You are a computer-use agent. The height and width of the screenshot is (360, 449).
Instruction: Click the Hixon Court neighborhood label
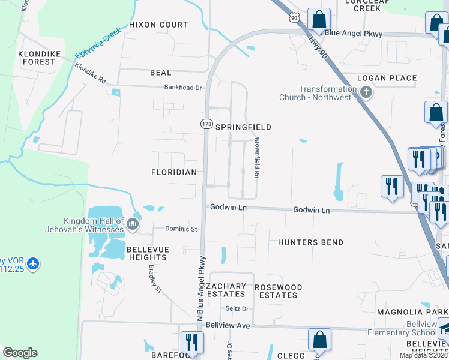point(158,25)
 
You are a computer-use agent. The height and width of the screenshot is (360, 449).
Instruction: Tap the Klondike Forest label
point(40,58)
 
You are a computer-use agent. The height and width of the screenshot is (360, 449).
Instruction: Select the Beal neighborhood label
point(160,73)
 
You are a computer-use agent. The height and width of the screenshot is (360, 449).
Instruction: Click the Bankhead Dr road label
point(184,87)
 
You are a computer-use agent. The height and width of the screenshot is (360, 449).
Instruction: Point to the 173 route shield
point(206,124)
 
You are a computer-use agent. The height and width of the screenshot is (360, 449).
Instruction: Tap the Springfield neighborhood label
point(243,127)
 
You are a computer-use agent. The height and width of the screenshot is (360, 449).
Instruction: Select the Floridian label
point(174,172)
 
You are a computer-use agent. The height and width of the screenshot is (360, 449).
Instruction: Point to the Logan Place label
point(387,78)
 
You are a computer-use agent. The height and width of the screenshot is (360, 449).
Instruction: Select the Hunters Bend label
point(310,242)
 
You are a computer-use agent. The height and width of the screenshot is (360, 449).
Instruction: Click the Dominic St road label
point(181,229)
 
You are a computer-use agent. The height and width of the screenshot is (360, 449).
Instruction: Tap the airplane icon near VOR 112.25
point(32,263)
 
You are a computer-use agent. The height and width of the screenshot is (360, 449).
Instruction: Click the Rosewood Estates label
point(278,291)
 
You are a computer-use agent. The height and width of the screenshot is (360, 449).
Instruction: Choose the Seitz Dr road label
point(237,309)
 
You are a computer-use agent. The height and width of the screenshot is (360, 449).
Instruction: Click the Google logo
point(20,353)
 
